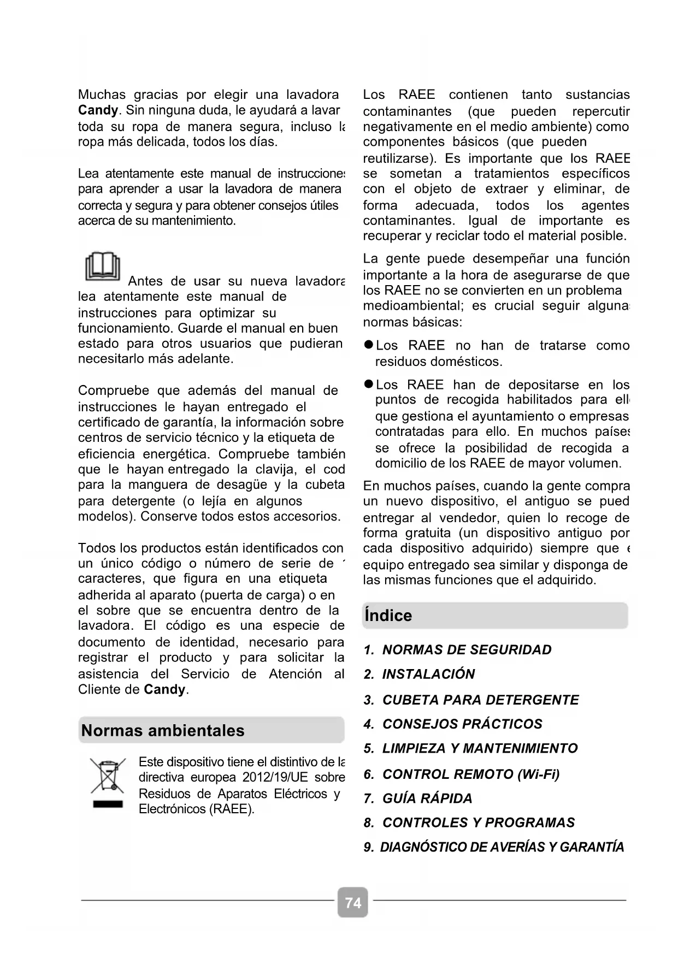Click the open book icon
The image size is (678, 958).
[x=103, y=266]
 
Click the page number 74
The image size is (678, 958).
[x=353, y=902]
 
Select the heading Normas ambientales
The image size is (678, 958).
[x=163, y=730]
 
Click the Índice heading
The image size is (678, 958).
[x=388, y=616]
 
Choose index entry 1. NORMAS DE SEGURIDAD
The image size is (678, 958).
[x=458, y=650]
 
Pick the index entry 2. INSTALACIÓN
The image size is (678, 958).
[x=420, y=674]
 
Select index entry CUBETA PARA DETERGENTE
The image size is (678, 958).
[x=480, y=700]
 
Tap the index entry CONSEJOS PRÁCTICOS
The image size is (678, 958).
[x=462, y=724]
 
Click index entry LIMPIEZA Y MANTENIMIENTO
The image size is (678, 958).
[x=480, y=748]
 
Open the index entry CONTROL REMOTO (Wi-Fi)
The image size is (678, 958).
[x=470, y=774]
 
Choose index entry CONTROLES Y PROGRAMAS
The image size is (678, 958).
[x=479, y=823]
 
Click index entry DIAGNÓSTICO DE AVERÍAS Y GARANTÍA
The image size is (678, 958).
[x=502, y=847]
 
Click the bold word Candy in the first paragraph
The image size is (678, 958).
[x=98, y=110]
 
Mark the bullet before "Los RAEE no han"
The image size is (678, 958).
[x=368, y=345]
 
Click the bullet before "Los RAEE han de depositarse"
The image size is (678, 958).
[x=368, y=385]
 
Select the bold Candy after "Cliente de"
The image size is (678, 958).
[x=164, y=689]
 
